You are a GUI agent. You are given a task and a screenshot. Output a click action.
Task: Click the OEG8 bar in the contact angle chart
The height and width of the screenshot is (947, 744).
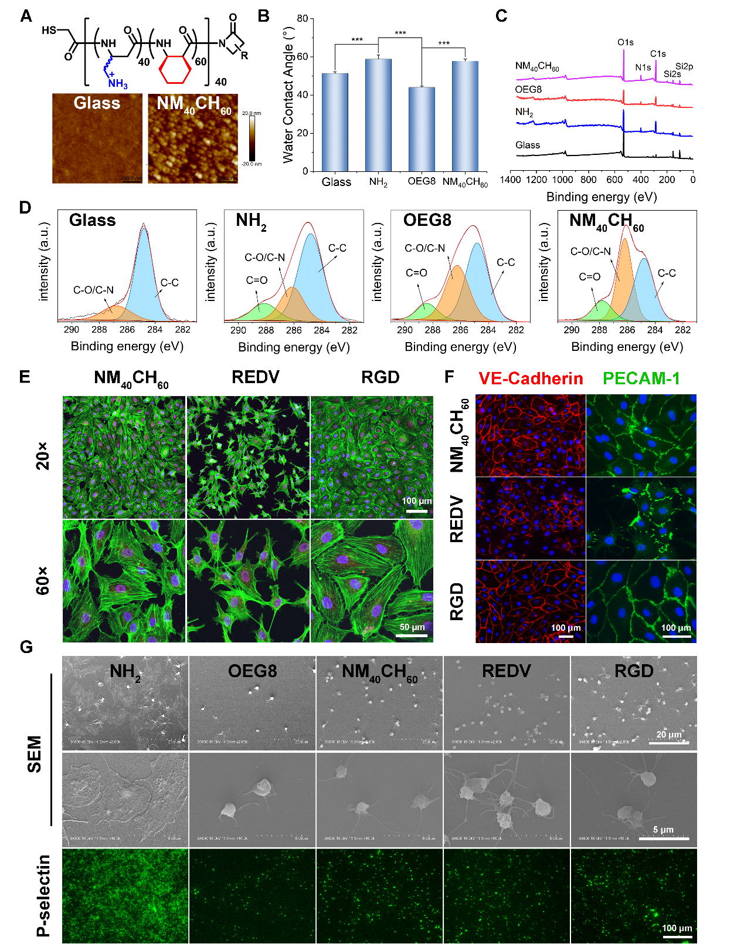pos(422,129)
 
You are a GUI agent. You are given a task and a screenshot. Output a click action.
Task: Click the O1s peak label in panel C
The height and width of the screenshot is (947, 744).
pos(625,42)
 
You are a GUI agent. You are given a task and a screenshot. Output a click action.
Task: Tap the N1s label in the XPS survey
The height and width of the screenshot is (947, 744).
pos(643,67)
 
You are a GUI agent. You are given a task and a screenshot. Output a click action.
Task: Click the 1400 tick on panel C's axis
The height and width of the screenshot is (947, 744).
pos(511,180)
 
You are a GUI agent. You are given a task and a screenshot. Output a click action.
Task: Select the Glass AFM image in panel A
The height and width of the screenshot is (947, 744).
pos(97,138)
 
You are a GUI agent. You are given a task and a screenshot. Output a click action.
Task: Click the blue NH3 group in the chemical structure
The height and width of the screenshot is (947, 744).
pos(117,83)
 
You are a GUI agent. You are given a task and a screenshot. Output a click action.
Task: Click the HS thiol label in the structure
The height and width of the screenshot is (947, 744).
pos(49,30)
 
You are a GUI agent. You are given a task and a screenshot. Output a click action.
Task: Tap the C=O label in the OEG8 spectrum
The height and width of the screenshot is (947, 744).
pos(416,273)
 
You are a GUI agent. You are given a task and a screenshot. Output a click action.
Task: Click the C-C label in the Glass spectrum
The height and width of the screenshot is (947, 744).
pos(169,283)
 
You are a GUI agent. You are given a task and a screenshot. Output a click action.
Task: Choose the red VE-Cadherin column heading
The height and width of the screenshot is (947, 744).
pos(531,378)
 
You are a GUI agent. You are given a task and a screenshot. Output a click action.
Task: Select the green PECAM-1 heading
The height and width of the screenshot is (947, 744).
pos(641,378)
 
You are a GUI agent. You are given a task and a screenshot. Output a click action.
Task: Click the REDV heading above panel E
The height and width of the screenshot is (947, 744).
pos(255,377)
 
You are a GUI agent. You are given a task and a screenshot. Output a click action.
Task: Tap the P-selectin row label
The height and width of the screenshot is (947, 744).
pos(43,895)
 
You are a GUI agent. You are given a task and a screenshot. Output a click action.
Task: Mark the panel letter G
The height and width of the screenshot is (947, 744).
pos(26,647)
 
